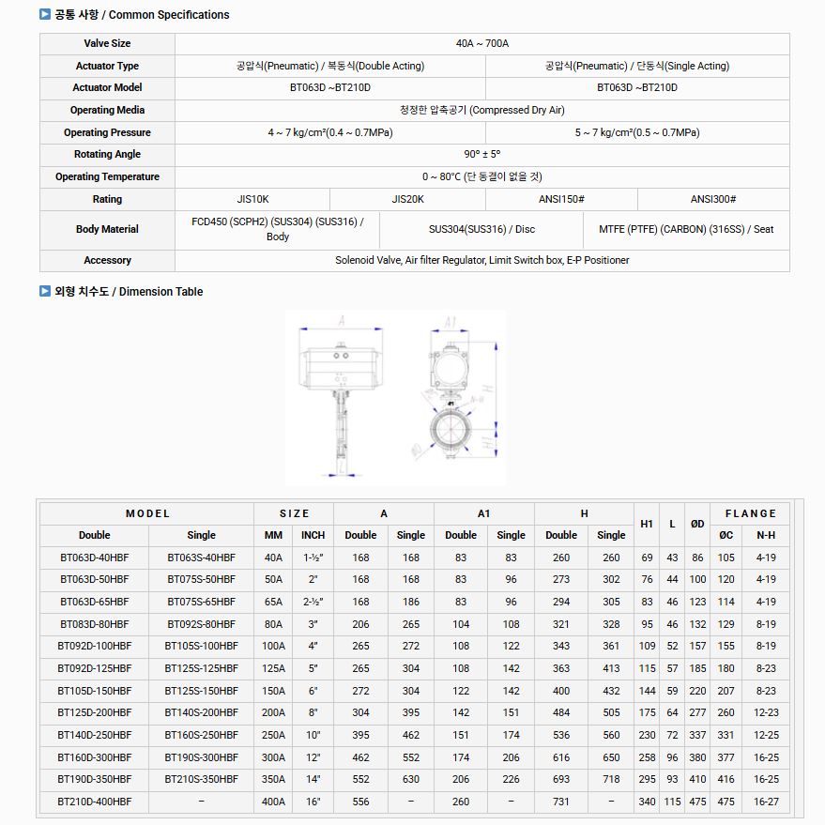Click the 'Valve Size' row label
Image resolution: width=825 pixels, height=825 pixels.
tap(107, 44)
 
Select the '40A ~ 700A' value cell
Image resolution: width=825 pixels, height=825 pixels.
tap(481, 44)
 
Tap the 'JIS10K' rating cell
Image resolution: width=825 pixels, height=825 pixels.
tap(252, 199)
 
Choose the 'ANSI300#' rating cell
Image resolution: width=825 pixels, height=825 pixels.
tap(712, 199)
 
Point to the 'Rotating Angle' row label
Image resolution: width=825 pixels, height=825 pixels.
tap(107, 154)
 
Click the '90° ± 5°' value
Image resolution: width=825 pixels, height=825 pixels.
tap(481, 154)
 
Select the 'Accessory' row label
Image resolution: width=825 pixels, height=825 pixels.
tap(107, 260)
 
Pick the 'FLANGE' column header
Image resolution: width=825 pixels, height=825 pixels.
tap(750, 513)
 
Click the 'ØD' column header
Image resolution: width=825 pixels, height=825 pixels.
tap(697, 524)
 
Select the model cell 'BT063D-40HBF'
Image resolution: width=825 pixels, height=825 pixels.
tap(94, 558)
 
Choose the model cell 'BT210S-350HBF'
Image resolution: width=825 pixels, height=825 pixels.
tap(201, 779)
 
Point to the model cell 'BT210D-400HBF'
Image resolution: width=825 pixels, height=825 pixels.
tap(94, 802)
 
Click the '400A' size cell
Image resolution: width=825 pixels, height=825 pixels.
tap(273, 802)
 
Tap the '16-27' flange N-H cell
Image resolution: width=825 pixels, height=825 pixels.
tap(766, 802)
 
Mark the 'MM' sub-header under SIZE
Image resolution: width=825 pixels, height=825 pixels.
tap(273, 535)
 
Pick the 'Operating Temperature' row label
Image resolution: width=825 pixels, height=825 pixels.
tap(107, 176)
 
